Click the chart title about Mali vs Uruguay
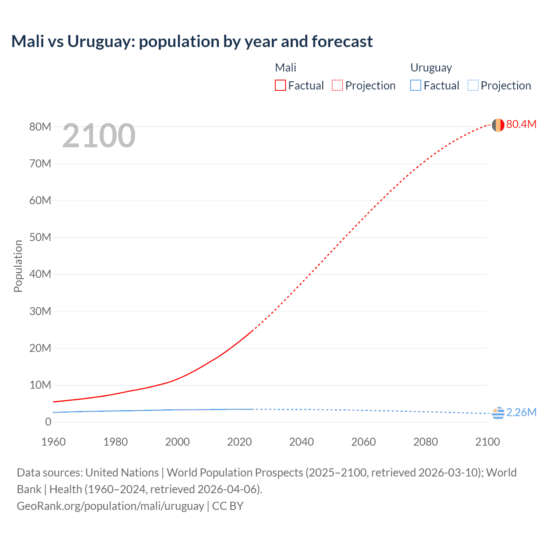click(192, 42)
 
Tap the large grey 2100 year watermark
click(99, 136)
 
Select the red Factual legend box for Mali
click(280, 86)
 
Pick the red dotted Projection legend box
click(337, 86)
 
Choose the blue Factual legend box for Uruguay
click(415, 86)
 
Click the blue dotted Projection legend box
click(473, 86)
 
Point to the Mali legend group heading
click(286, 68)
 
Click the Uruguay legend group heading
click(431, 68)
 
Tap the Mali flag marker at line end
click(497, 125)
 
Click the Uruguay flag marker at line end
click(497, 413)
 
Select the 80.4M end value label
click(521, 124)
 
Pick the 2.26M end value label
click(521, 412)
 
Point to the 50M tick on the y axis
click(40, 238)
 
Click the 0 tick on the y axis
click(48, 422)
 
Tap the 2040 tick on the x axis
click(301, 442)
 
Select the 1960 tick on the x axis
click(54, 442)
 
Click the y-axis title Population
click(18, 266)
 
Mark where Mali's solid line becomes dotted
click(253, 330)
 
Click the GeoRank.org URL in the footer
click(110, 506)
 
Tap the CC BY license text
click(228, 506)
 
